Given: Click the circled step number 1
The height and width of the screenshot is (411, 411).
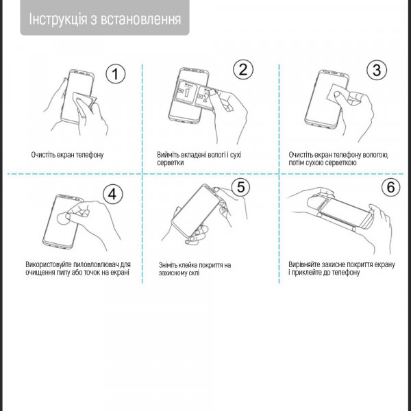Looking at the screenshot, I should click(116, 75).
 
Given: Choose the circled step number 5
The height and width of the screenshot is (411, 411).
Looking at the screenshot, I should click(240, 186).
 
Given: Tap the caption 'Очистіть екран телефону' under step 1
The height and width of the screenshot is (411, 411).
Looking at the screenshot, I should click(67, 155).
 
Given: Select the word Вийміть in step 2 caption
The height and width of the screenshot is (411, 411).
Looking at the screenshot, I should click(168, 155).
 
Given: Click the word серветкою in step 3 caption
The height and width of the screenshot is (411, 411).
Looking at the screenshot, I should click(340, 164).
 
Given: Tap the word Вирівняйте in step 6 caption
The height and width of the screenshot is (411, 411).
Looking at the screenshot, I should click(306, 264).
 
